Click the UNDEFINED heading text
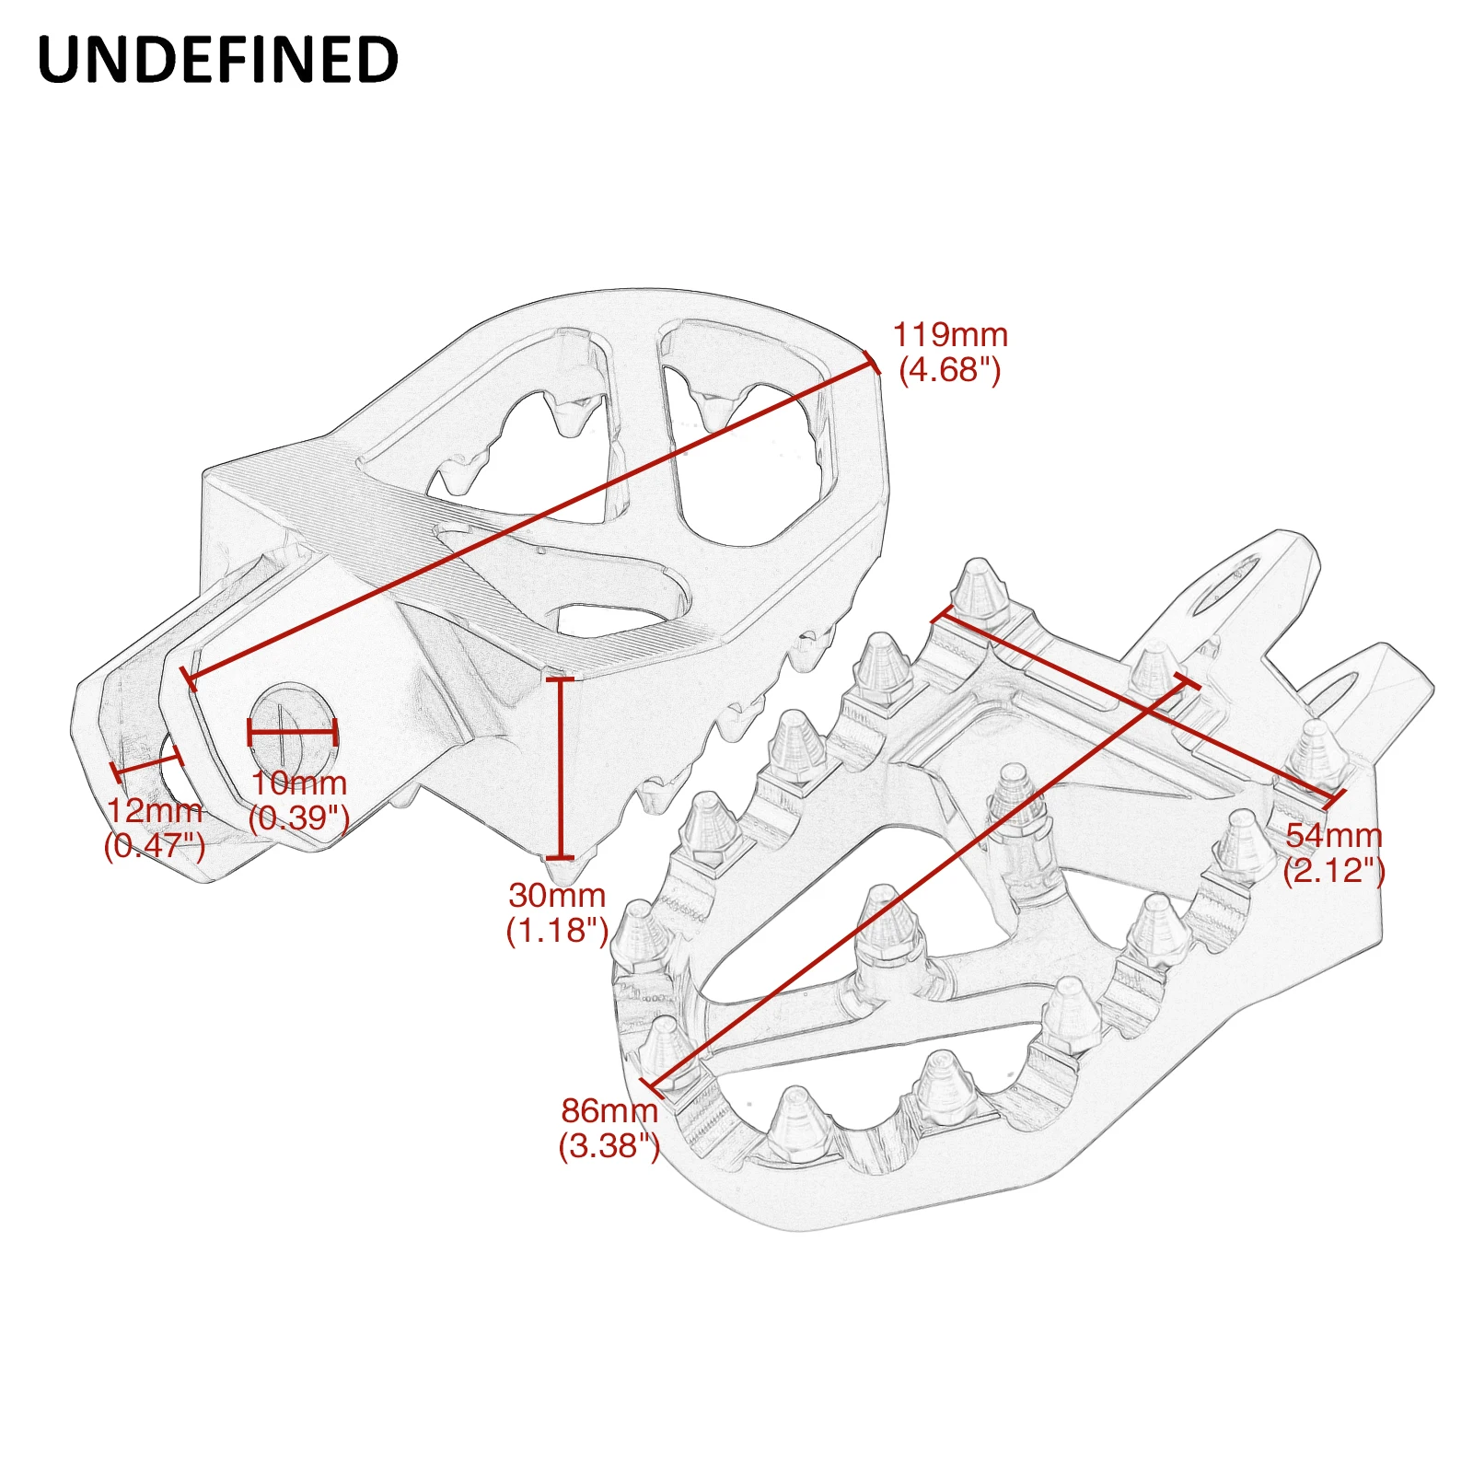click(218, 61)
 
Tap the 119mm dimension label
click(950, 334)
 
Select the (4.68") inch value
click(950, 370)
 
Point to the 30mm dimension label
click(557, 895)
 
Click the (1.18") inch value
click(557, 931)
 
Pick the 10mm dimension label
click(299, 783)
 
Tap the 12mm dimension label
click(155, 811)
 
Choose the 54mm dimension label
click(1334, 836)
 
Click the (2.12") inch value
click(1334, 871)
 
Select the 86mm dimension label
click(609, 1110)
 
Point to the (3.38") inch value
click(609, 1146)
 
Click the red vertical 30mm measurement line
click(560, 768)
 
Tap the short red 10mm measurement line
click(293, 733)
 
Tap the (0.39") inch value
click(299, 818)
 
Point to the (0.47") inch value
click(155, 845)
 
